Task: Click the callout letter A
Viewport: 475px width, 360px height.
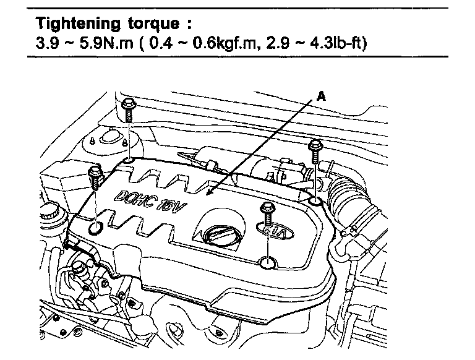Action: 321,96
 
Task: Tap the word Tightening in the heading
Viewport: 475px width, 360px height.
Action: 77,24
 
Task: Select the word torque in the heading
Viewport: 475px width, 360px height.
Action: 153,24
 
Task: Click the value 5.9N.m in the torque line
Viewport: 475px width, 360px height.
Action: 106,43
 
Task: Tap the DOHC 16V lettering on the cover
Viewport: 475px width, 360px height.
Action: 150,201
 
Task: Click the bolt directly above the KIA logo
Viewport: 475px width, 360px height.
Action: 267,213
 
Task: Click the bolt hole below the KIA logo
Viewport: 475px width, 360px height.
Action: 268,262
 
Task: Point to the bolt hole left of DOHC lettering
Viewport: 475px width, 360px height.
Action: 96,227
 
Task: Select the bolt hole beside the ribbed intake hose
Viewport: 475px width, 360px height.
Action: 315,200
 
